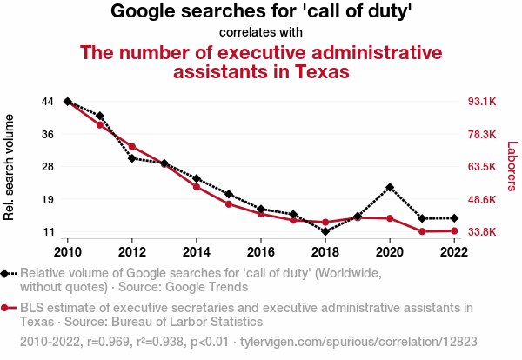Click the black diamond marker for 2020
pyautogui.click(x=390, y=187)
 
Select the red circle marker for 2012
pyautogui.click(x=132, y=146)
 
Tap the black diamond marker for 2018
pyautogui.click(x=325, y=231)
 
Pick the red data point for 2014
pyautogui.click(x=197, y=187)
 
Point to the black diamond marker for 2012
pyautogui.click(x=132, y=158)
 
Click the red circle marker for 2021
pyautogui.click(x=422, y=231)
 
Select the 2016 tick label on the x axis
pyautogui.click(x=261, y=252)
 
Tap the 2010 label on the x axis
pyautogui.click(x=68, y=252)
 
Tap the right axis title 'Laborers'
pyautogui.click(x=512, y=167)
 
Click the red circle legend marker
pyautogui.click(x=6, y=308)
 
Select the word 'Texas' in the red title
pyautogui.click(x=317, y=71)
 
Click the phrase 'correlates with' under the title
pyautogui.click(x=261, y=32)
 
